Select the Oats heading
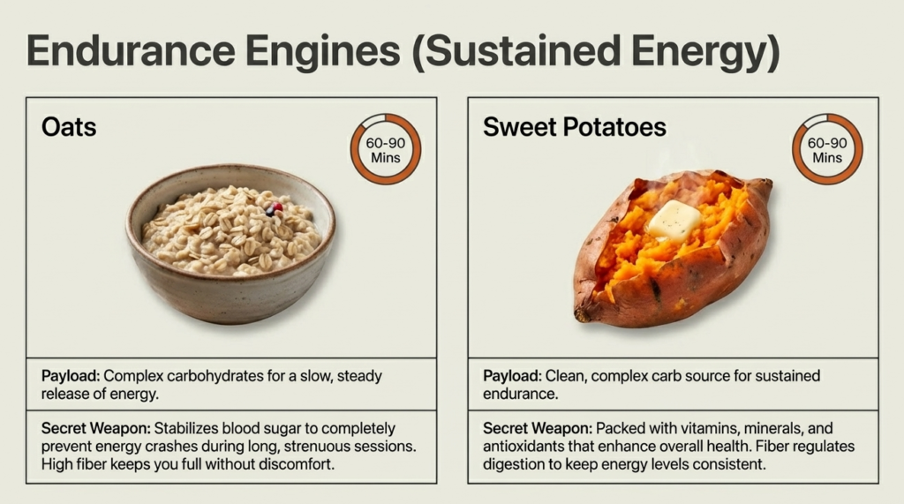[x=69, y=128]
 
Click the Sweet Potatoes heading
[x=574, y=128]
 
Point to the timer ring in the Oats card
[x=386, y=149]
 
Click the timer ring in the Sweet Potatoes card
[x=827, y=149]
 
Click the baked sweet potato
[x=673, y=247]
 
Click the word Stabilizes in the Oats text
[x=177, y=428]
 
